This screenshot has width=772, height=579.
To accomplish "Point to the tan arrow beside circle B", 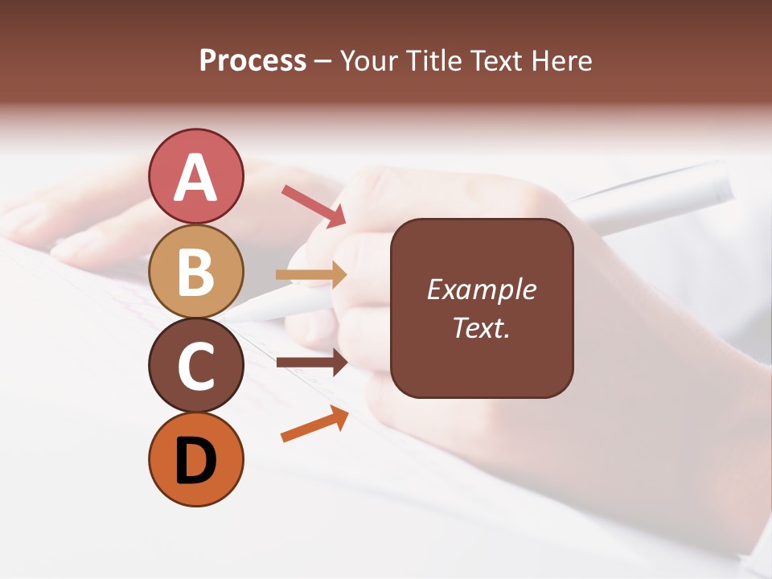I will click(312, 275).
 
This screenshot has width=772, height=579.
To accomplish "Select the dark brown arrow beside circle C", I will click(312, 362).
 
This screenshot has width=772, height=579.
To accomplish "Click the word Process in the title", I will click(253, 61).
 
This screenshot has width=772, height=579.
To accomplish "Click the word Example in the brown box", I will click(481, 290).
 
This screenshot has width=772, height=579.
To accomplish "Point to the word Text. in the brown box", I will click(481, 327).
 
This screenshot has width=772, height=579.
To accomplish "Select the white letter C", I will click(195, 366).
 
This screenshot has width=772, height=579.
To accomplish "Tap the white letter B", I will click(195, 272).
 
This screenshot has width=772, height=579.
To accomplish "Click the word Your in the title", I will click(368, 61).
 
